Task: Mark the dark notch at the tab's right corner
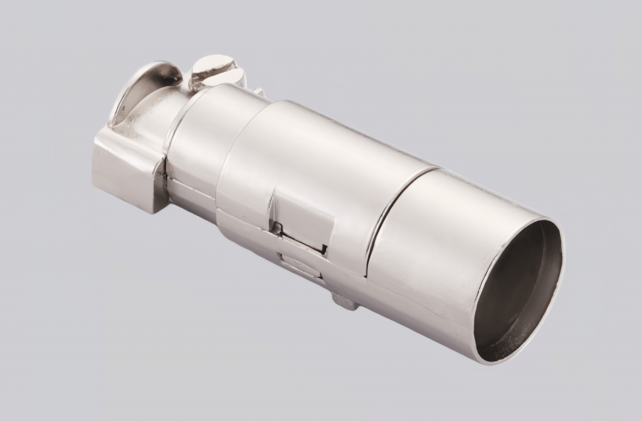[x=325, y=251]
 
